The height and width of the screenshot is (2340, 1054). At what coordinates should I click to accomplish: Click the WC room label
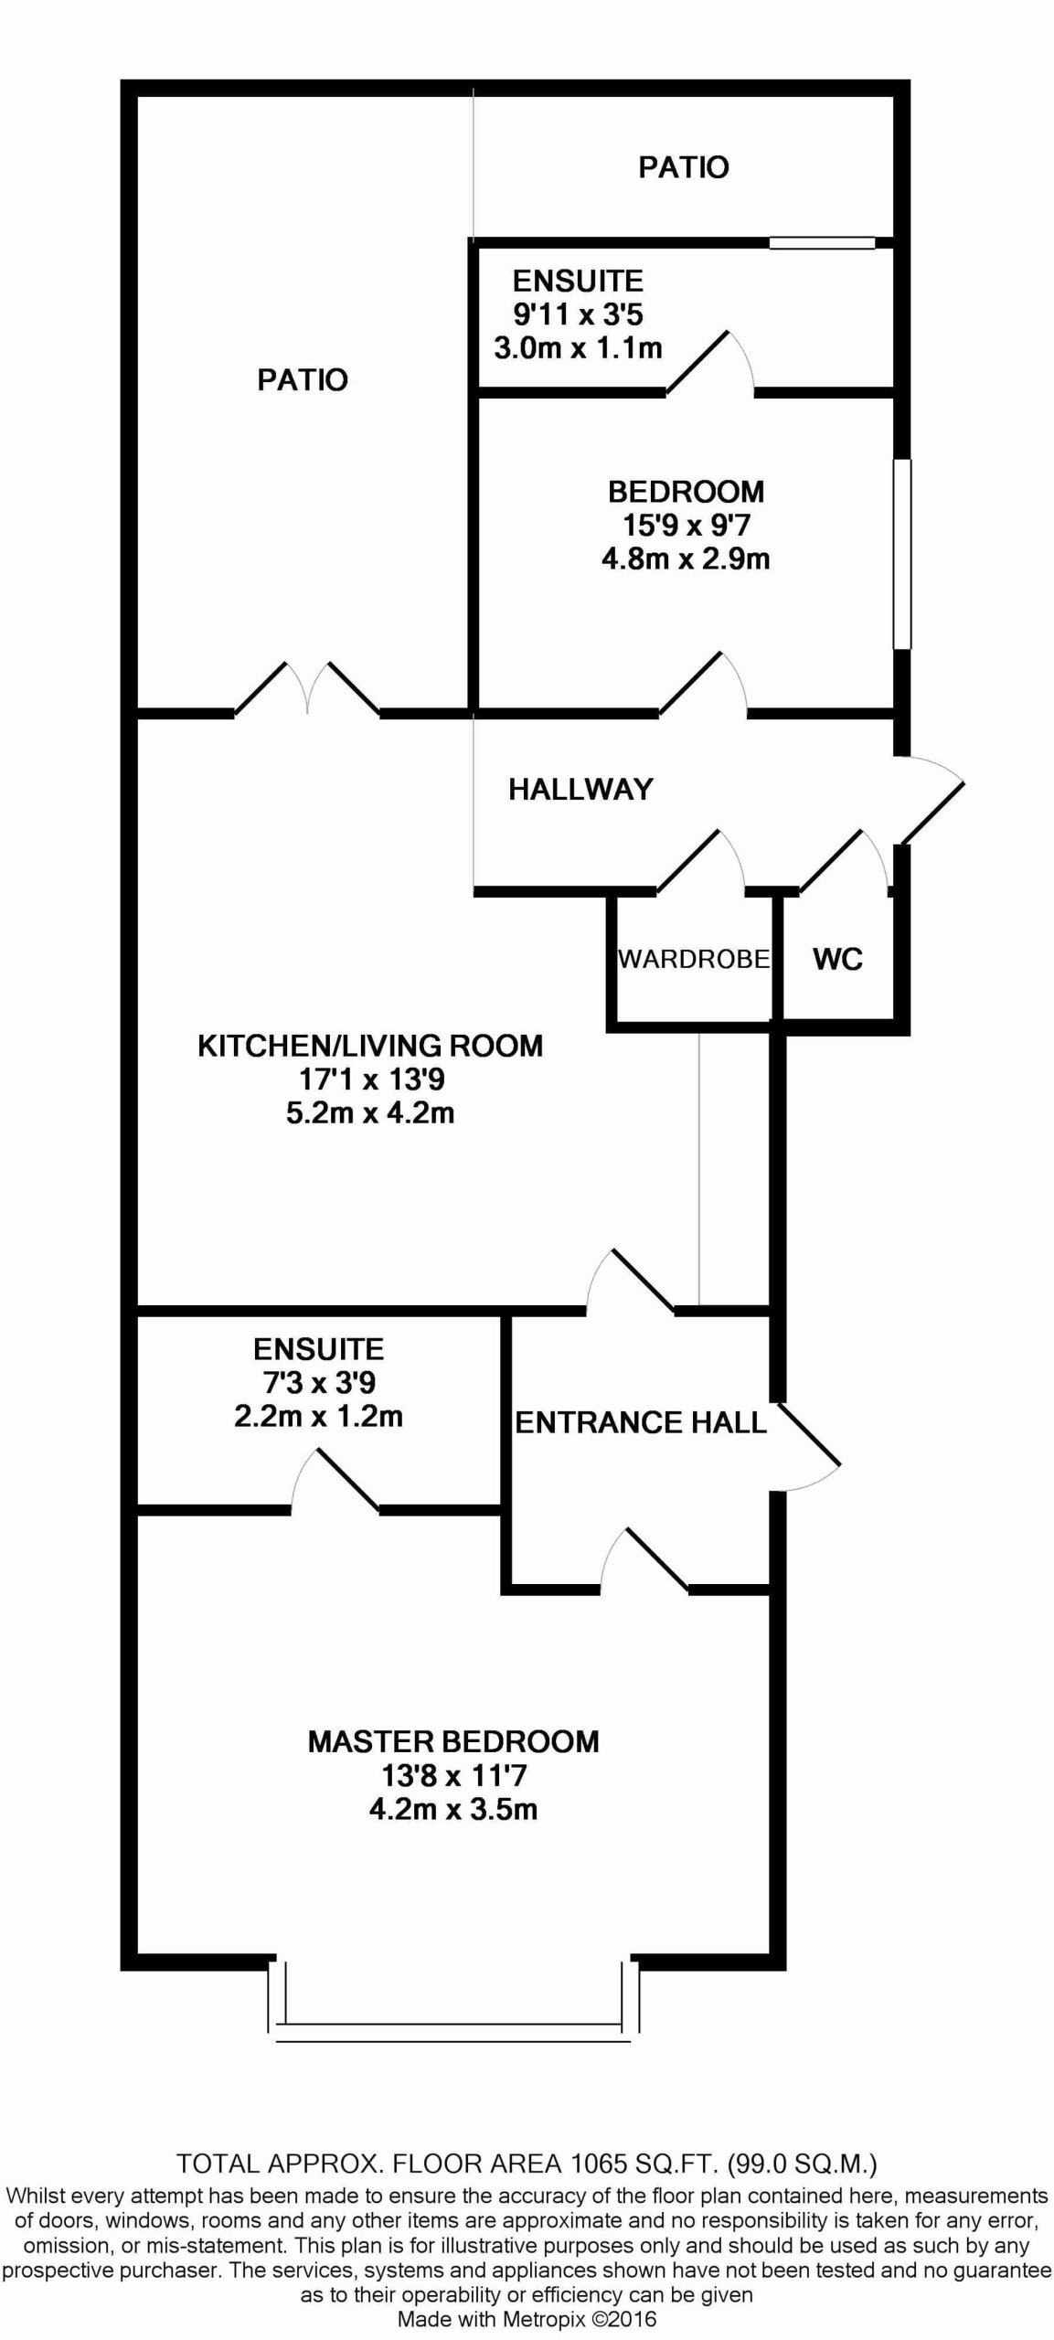(837, 959)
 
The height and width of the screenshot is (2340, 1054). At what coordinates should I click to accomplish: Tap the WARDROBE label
(694, 959)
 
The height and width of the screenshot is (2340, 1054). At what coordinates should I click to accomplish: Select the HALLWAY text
(580, 789)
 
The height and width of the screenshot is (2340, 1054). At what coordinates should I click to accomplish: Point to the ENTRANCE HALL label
(641, 1422)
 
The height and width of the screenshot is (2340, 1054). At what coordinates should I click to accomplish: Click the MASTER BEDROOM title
(453, 1741)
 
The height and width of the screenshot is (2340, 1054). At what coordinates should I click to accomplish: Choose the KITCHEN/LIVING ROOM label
(370, 1045)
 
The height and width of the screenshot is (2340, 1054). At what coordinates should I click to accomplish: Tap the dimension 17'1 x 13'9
(371, 1080)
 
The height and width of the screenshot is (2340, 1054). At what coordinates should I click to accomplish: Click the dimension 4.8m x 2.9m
(686, 558)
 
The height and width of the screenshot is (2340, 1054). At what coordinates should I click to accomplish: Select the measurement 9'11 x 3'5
(578, 314)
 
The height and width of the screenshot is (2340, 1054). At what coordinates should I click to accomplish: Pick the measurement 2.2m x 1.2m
(318, 1417)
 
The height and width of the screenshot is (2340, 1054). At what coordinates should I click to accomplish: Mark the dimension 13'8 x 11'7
(454, 1776)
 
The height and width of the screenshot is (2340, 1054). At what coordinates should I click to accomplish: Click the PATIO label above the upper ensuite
(684, 167)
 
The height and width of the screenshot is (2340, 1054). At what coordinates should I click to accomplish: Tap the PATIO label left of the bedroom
(303, 379)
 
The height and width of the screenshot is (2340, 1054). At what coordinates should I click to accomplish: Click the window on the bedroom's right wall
(902, 554)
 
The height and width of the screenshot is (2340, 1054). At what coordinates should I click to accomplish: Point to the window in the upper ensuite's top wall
(822, 243)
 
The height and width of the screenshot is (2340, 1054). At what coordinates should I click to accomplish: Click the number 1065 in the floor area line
(600, 2164)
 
